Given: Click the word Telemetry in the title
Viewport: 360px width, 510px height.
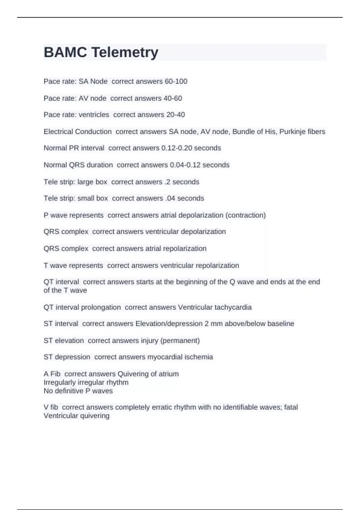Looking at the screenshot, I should tap(125, 52).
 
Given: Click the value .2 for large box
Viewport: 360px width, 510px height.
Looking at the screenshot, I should tap(167, 182).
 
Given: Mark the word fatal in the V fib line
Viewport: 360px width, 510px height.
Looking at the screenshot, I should tap(291, 407).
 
